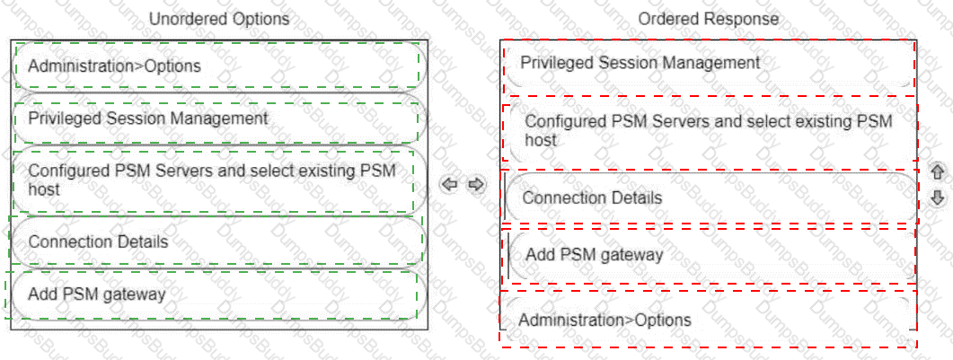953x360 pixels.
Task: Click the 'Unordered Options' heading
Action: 219,20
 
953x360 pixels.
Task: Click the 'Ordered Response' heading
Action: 708,20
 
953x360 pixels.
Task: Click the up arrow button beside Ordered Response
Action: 937,171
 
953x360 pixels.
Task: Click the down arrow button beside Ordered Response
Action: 937,198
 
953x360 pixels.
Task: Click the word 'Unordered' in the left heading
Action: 186,20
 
